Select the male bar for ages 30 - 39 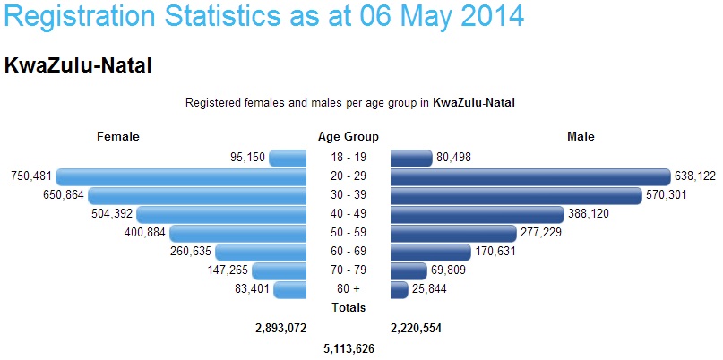(x=516, y=195)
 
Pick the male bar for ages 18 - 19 (x=411, y=158)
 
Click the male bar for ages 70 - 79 (x=409, y=270)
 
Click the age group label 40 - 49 (x=349, y=214)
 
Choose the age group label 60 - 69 (x=349, y=252)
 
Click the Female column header (x=118, y=137)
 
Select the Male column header (x=581, y=137)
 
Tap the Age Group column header (x=349, y=137)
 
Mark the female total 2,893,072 (x=281, y=329)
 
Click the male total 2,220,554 (x=416, y=329)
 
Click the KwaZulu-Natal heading (x=78, y=65)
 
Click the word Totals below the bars (x=349, y=308)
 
